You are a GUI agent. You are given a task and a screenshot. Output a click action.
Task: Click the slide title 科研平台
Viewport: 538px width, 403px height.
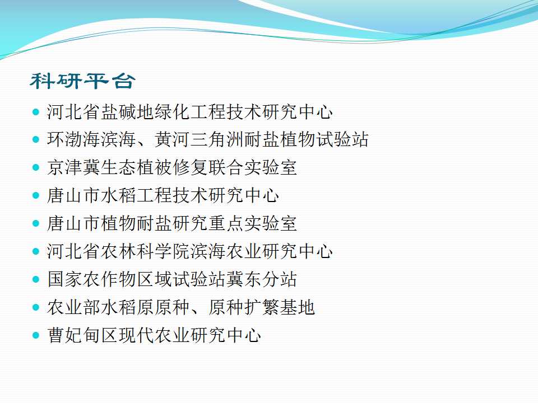coord(82,81)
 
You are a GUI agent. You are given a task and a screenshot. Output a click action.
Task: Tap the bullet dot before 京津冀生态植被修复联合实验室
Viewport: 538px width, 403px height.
coord(36,167)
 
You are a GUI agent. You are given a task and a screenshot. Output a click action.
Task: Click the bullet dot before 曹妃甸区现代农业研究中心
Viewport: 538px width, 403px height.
coord(36,335)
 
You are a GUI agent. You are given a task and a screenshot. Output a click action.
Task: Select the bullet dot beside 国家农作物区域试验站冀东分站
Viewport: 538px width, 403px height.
coord(36,279)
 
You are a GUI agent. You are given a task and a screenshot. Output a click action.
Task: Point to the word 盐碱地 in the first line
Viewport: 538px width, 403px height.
coord(127,112)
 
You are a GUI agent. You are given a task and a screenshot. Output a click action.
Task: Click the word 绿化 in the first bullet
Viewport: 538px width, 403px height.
coord(172,112)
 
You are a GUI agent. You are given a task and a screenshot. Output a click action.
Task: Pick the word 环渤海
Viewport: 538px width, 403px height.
coord(74,140)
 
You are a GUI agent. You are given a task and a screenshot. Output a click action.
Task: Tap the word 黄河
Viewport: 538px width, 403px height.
coord(172,140)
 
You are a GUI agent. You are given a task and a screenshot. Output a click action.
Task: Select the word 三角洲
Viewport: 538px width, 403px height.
coord(216,140)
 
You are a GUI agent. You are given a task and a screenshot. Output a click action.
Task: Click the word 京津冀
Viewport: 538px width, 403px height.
coord(74,167)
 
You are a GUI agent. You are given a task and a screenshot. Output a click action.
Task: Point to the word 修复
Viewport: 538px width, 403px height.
coord(190,167)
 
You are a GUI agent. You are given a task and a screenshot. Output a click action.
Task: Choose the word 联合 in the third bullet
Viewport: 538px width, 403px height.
coord(225,167)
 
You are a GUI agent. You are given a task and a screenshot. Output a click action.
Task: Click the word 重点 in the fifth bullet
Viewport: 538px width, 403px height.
coord(225,223)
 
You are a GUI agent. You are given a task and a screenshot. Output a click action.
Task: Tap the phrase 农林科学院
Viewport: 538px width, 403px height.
coord(145,251)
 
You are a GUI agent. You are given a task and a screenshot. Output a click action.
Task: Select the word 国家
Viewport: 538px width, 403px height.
coord(65,279)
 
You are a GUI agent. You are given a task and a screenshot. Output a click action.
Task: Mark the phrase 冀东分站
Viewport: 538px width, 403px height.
coord(261,279)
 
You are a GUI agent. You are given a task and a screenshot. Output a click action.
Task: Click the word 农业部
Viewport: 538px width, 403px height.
coord(74,307)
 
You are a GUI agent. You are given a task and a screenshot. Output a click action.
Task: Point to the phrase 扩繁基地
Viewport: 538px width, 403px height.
coord(279,307)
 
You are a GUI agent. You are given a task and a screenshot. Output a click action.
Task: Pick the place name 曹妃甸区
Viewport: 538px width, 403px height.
coord(83,335)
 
